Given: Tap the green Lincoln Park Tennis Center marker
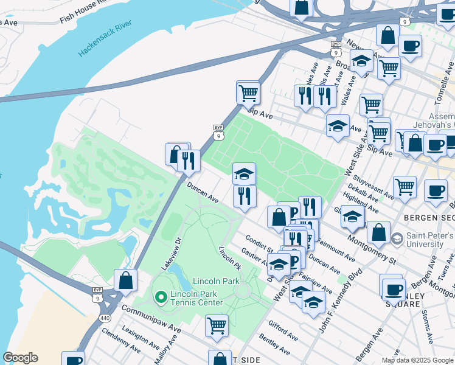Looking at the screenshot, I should (161, 297).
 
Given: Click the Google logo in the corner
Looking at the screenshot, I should (20, 358).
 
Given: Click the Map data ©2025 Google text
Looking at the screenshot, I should (417, 360).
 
